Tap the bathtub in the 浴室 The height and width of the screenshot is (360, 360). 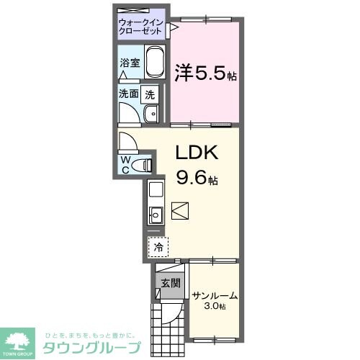[156, 63]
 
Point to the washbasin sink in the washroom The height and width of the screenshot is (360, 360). [152, 114]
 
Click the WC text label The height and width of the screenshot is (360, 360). [126, 164]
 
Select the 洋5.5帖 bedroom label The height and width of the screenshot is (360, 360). [206, 73]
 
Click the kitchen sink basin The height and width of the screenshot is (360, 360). [156, 214]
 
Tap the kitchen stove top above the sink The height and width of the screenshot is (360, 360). [156, 191]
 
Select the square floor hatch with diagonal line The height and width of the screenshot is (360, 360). [180, 211]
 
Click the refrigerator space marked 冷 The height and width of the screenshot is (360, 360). [158, 247]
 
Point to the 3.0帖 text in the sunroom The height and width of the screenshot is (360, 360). [214, 307]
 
